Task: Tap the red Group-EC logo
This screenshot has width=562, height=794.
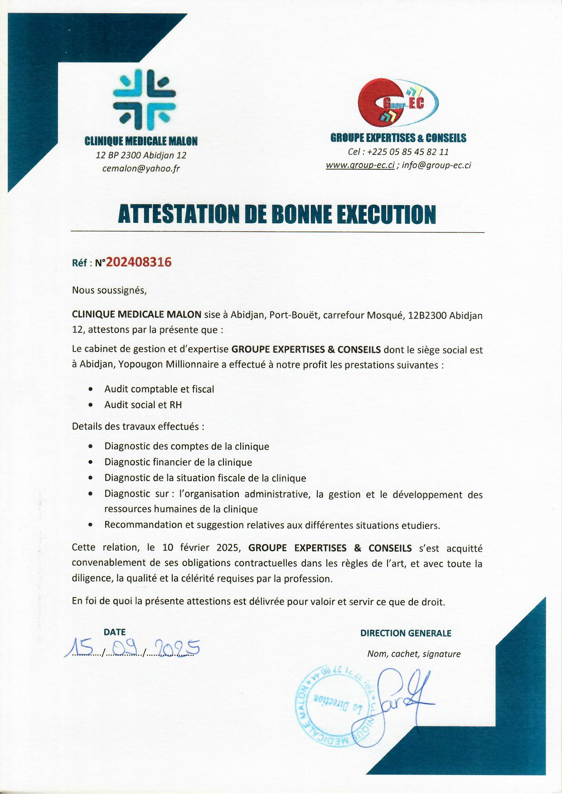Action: pyautogui.click(x=397, y=103)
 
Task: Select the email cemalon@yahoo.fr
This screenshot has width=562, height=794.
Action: pyautogui.click(x=141, y=168)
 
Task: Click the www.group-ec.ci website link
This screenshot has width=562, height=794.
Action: pyautogui.click(x=360, y=165)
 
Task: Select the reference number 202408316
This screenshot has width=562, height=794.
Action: pyautogui.click(x=139, y=262)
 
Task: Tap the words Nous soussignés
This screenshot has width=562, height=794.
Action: pyautogui.click(x=109, y=290)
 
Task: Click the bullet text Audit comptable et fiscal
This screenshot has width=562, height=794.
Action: pyautogui.click(x=159, y=389)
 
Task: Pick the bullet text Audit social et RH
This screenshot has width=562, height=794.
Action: pyautogui.click(x=143, y=405)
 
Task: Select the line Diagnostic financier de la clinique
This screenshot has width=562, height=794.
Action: pyautogui.click(x=178, y=462)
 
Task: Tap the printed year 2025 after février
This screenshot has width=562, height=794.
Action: pyautogui.click(x=228, y=548)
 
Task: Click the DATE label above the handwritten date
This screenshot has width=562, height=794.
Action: pyautogui.click(x=115, y=632)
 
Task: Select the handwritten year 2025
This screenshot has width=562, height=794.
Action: pyautogui.click(x=177, y=648)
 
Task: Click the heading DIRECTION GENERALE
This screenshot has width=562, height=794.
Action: pyautogui.click(x=406, y=633)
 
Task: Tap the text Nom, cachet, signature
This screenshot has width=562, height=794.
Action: pyautogui.click(x=414, y=654)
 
